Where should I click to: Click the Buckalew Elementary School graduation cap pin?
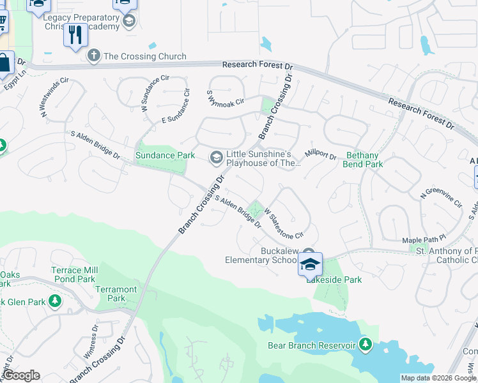point(309,264)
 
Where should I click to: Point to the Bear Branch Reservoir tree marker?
point(365,345)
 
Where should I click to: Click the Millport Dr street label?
point(320,154)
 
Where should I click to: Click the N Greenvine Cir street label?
point(440,198)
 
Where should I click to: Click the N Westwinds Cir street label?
point(55,96)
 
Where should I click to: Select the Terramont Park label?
point(116,294)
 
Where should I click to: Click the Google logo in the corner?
point(20,375)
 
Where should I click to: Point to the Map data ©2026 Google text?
point(438,378)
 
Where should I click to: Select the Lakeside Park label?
point(334,280)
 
